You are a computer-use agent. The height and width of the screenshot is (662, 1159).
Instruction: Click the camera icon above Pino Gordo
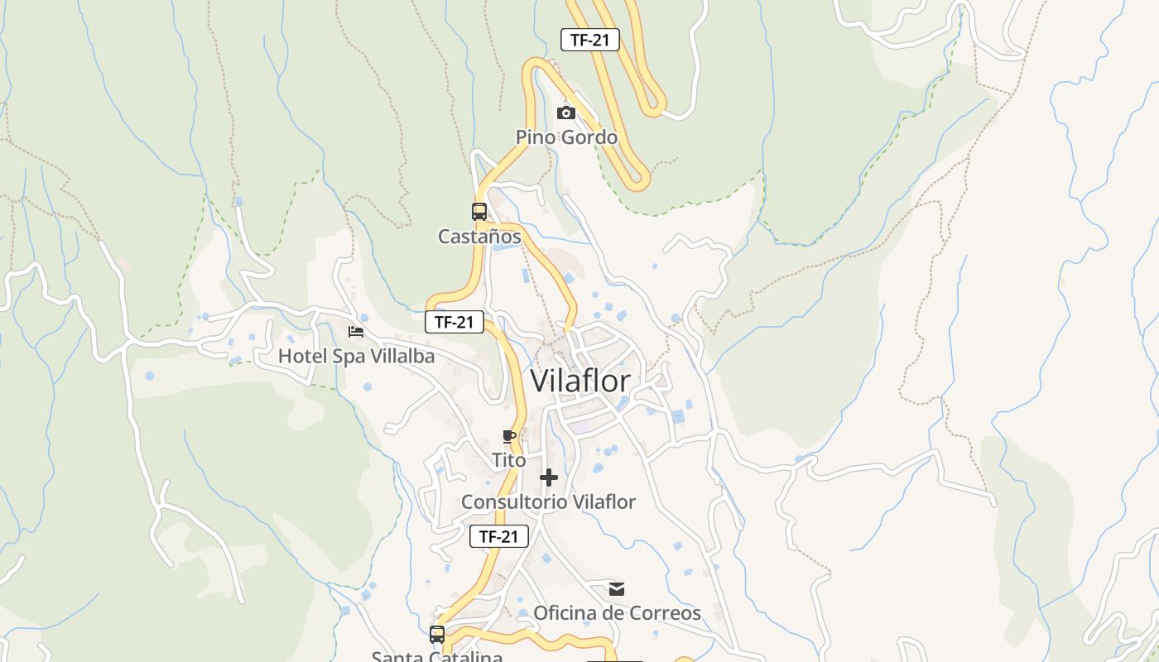pyautogui.click(x=566, y=113)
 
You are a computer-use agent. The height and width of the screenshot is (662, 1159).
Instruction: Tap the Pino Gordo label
pyautogui.click(x=566, y=137)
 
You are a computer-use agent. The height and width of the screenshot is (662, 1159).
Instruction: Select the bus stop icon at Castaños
pyautogui.click(x=479, y=212)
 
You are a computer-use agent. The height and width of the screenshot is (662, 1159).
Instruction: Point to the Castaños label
pyautogui.click(x=479, y=237)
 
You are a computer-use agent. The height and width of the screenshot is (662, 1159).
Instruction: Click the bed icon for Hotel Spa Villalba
pyautogui.click(x=356, y=332)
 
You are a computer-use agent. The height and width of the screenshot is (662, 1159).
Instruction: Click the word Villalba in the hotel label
pyautogui.click(x=401, y=356)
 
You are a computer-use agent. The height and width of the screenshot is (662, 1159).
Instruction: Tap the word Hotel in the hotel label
pyautogui.click(x=301, y=356)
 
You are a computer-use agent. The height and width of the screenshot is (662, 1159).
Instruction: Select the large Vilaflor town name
pyautogui.click(x=579, y=381)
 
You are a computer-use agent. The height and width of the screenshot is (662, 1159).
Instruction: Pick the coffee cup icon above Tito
pyautogui.click(x=509, y=436)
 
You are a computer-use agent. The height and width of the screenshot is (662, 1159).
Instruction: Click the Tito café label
pyautogui.click(x=508, y=460)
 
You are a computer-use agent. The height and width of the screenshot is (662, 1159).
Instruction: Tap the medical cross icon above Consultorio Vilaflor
pyautogui.click(x=548, y=477)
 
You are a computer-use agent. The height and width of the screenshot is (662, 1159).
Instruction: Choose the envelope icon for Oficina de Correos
pyautogui.click(x=617, y=589)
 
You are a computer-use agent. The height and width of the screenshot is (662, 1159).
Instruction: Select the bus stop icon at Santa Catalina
pyautogui.click(x=437, y=635)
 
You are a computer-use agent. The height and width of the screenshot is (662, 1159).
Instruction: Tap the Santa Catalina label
pyautogui.click(x=436, y=656)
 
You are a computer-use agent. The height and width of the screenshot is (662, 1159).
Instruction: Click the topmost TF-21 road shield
pyautogui.click(x=590, y=40)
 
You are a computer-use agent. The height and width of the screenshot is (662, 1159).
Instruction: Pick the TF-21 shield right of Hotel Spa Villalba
pyautogui.click(x=454, y=322)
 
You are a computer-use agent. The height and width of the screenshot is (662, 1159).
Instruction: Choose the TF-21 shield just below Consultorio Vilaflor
pyautogui.click(x=499, y=536)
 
